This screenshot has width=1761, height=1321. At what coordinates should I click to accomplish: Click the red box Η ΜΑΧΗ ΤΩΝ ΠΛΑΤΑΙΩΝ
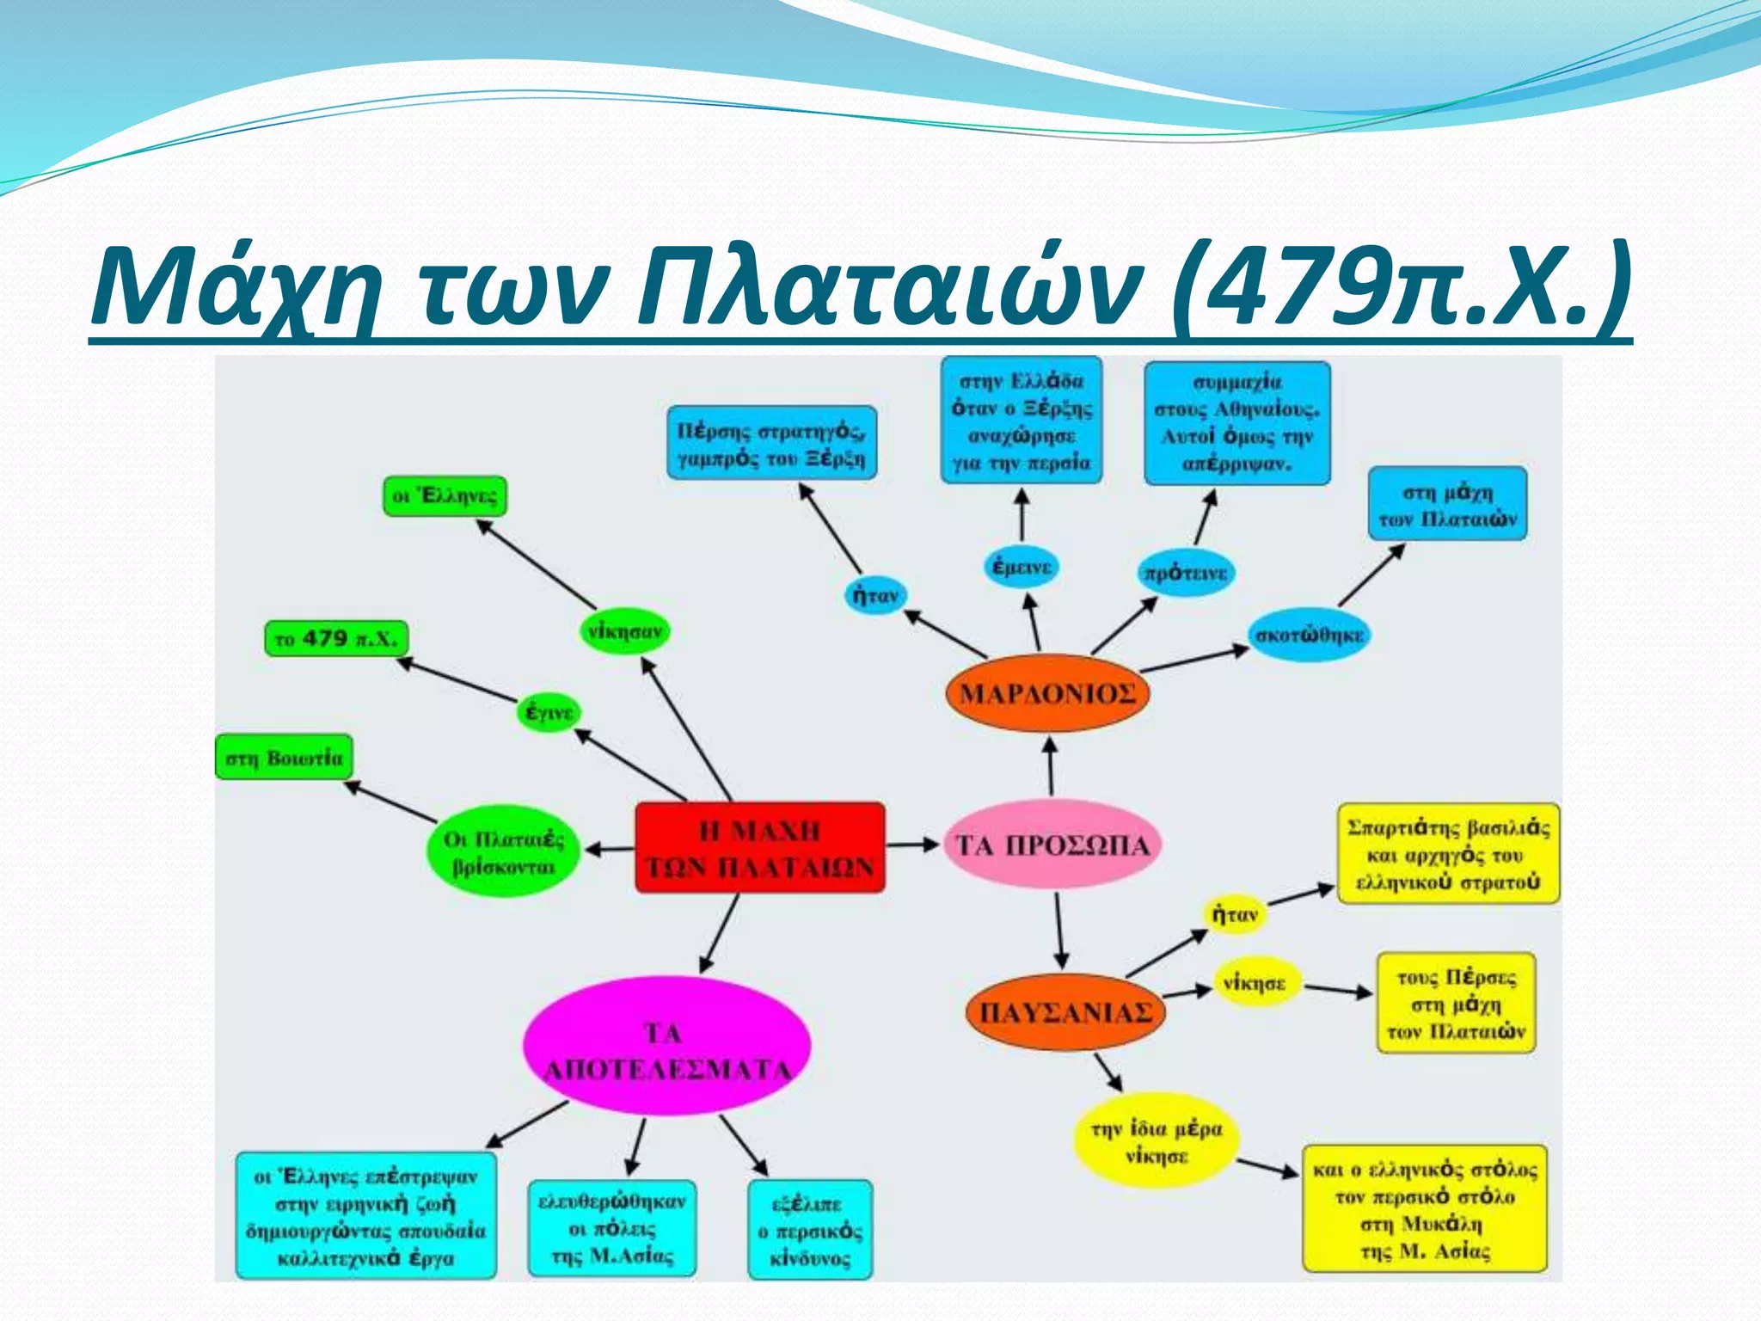pos(759,847)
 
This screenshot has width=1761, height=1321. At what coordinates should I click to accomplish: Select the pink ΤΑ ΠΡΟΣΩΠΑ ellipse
pos(1052,845)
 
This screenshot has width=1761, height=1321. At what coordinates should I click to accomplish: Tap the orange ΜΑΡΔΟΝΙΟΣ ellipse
pos(1046,693)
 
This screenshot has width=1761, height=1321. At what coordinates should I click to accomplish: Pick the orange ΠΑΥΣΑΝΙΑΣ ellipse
pos(1065,1012)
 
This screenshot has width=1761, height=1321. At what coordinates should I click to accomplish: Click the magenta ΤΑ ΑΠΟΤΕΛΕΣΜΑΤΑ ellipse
pos(666,1048)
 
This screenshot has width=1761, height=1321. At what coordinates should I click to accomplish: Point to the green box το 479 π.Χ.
pos(335,639)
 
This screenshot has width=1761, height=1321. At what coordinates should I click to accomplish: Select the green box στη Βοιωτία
pos(283,758)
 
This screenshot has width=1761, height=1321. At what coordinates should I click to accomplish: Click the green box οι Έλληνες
pos(444,496)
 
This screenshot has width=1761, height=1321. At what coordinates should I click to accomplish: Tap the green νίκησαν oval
pos(624,631)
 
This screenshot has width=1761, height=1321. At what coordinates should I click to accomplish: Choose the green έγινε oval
pos(549,712)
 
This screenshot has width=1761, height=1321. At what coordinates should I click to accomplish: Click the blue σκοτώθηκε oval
pos(1309,636)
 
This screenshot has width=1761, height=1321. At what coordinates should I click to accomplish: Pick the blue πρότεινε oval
pos(1186,573)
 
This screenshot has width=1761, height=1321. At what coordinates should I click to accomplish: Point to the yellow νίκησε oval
pos(1255,982)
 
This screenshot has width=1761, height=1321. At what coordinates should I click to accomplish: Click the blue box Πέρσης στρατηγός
pos(771,443)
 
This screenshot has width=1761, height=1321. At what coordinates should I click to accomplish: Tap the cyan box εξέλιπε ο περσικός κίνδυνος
pos(809,1231)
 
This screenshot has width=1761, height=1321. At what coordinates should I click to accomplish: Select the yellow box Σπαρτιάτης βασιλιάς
pos(1448,854)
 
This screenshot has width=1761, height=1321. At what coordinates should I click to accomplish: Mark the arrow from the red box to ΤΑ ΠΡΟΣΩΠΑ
pos(913,845)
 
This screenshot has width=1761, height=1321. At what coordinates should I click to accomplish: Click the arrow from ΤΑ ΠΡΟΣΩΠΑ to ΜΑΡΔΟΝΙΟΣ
pos(1050,765)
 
